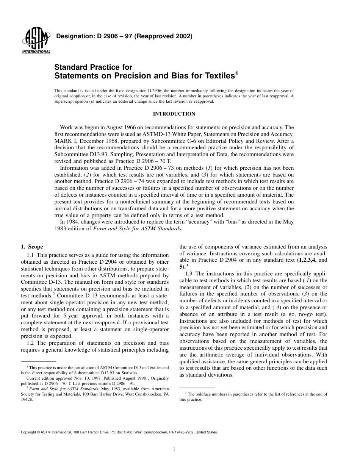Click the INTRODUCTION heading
[x=174, y=114]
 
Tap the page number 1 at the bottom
[x=174, y=449]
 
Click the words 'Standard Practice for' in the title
[x=93, y=67]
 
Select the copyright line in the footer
[x=119, y=432]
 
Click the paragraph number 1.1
[x=31, y=255]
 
